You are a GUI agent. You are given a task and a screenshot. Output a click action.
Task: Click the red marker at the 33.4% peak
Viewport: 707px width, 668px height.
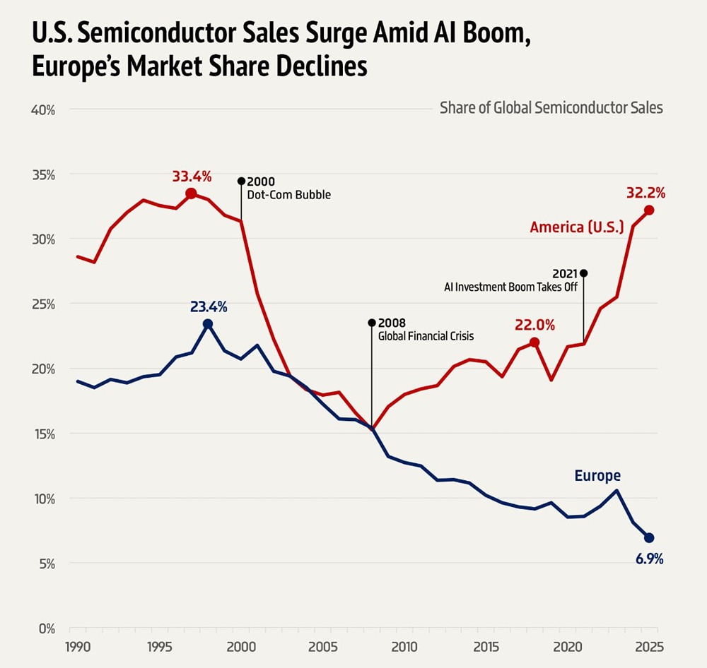(191, 193)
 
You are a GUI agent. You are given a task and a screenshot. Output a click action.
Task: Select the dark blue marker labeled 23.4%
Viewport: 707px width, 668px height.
(208, 324)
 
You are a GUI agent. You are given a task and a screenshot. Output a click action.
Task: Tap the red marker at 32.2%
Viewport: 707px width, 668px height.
(649, 210)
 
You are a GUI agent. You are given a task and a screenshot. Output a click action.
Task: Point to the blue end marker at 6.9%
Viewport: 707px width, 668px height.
(649, 538)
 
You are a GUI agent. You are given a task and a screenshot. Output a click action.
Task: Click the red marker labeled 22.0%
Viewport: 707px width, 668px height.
(534, 342)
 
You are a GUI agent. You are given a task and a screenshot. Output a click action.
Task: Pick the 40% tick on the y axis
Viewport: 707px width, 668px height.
(42, 110)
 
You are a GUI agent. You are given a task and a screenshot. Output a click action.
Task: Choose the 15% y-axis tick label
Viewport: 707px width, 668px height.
(42, 434)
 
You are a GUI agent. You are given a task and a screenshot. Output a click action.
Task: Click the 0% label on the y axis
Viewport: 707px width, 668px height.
(46, 628)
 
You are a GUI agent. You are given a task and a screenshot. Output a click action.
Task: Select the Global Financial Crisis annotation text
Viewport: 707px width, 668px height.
(426, 336)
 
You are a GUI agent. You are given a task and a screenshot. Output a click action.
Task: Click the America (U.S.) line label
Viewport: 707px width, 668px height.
(577, 227)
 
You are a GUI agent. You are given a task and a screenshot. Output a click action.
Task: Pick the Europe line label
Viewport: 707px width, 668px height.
(597, 476)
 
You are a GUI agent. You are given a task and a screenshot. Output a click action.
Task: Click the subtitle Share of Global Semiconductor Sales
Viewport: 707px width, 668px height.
(551, 108)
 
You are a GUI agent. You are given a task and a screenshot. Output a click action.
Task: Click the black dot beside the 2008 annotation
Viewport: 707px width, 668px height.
(372, 323)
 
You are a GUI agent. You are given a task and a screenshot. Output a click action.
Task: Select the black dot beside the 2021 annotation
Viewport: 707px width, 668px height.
(583, 273)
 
